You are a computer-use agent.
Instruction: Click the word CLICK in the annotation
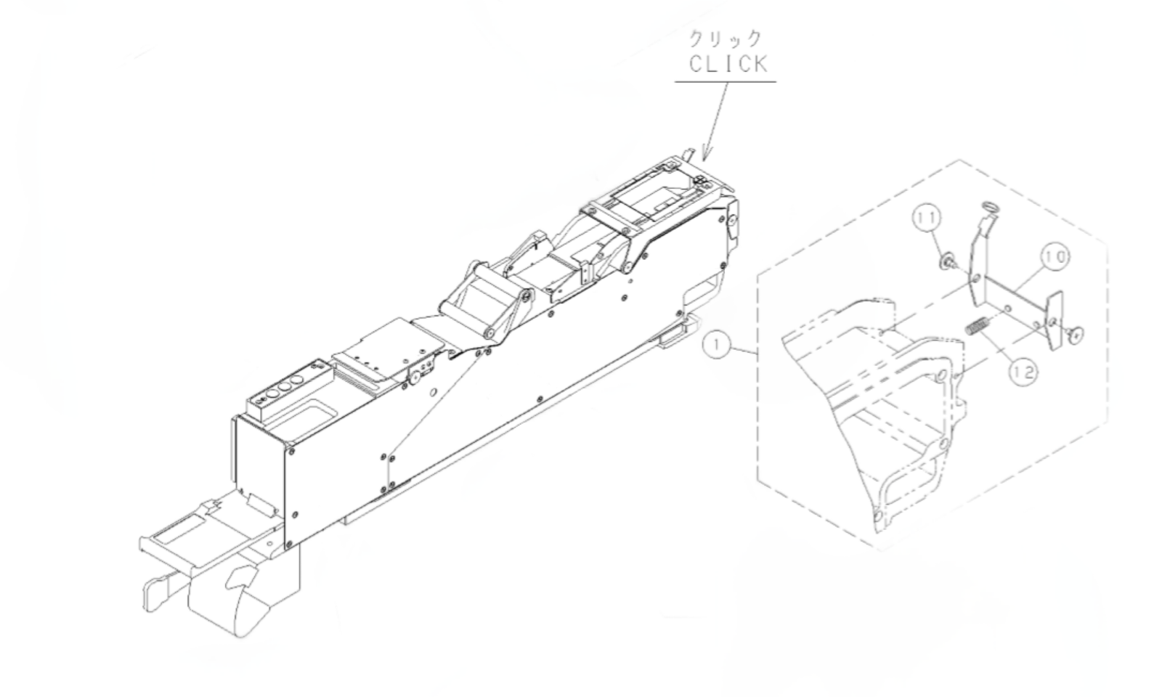click(x=728, y=64)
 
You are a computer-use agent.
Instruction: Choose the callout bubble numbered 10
click(x=1057, y=257)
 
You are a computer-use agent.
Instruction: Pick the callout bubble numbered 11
click(x=927, y=218)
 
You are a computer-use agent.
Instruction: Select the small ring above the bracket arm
click(x=990, y=208)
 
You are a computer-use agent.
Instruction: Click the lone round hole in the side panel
click(x=433, y=392)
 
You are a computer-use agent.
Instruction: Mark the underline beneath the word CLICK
click(x=725, y=81)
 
